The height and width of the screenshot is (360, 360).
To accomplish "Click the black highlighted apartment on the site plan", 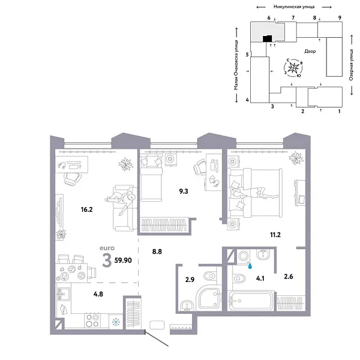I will (266, 39).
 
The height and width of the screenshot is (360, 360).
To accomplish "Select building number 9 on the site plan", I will (340, 19).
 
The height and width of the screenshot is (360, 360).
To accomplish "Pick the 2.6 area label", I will (289, 277).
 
